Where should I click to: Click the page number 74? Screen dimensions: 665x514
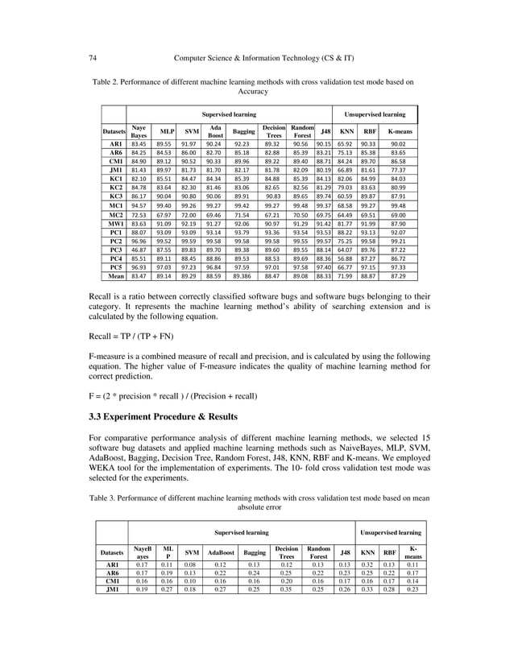click(x=93, y=57)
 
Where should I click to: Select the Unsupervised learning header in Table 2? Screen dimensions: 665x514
click(x=375, y=114)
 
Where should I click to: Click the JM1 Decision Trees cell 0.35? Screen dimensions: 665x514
click(x=286, y=589)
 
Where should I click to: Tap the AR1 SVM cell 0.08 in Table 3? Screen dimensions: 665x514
click(x=191, y=565)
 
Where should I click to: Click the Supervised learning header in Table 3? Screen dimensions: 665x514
click(x=241, y=532)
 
